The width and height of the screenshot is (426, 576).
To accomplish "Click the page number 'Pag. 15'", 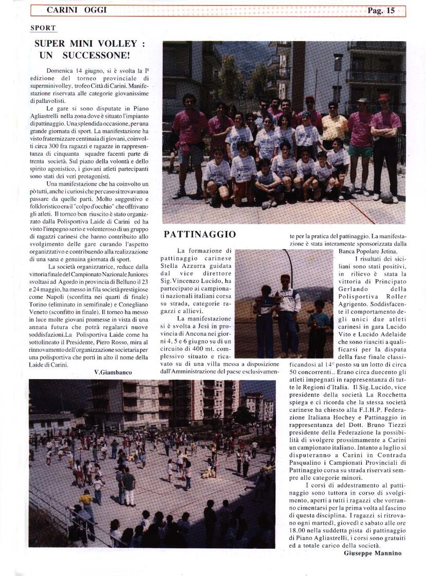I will pos(381,10).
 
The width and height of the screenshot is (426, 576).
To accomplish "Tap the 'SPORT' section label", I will pos(43,28).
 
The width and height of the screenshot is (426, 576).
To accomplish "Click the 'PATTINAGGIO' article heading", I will pos(200,235).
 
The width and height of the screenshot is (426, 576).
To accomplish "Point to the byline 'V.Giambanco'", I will pos(113,371).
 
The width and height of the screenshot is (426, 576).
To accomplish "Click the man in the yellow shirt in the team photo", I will pos(335,126).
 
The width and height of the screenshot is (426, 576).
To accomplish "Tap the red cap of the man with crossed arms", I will pos(384,97).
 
